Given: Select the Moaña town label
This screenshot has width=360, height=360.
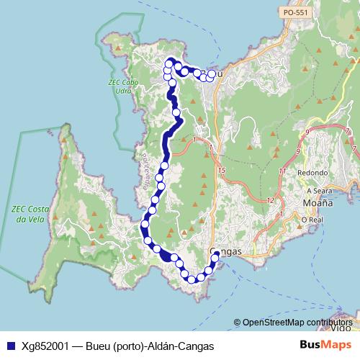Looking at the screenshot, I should click(x=311, y=204).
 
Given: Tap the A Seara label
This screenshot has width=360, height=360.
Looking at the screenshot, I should click(x=318, y=191).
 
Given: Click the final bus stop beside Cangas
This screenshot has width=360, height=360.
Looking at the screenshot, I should click(x=216, y=255).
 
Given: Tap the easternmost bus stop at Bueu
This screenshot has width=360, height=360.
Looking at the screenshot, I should click(x=211, y=74).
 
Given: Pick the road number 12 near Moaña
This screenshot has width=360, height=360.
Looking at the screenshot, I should click(x=271, y=199).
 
